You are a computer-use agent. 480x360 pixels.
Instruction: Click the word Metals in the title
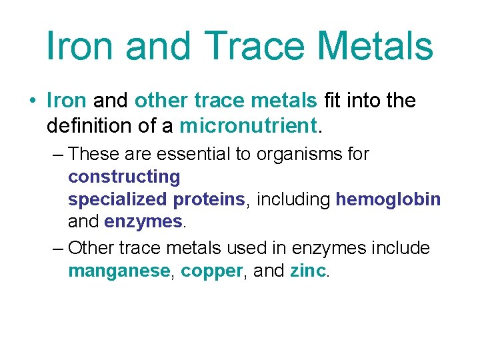[x=376, y=45]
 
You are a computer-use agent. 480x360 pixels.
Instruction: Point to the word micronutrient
[x=247, y=125]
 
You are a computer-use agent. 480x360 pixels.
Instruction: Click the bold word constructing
[x=124, y=177]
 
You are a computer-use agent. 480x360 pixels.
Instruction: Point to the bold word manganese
[x=119, y=271]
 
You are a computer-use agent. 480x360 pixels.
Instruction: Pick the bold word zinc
[x=309, y=271]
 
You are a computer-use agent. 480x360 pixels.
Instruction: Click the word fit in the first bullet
[x=331, y=101]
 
